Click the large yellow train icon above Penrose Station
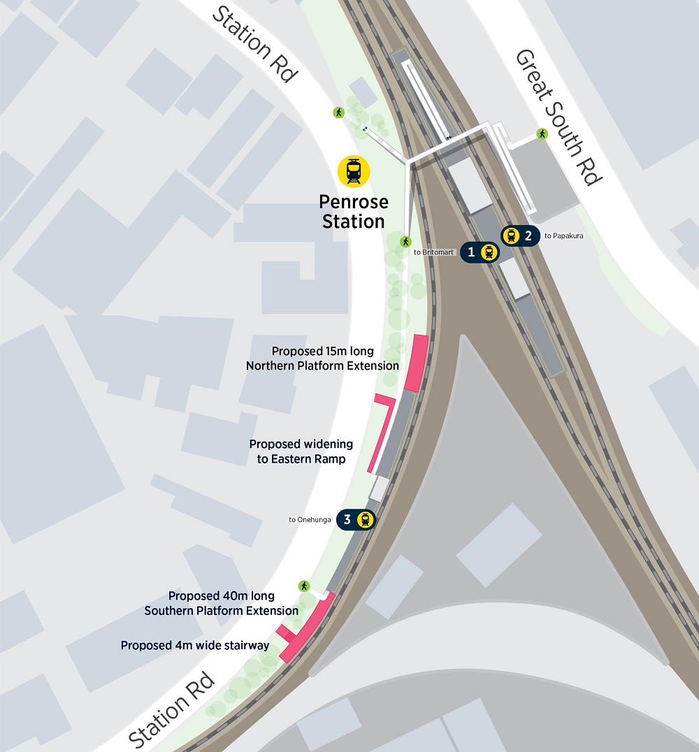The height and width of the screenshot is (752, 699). tap(354, 171)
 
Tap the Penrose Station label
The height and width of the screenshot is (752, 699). tap(353, 212)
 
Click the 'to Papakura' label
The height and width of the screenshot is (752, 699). tap(563, 236)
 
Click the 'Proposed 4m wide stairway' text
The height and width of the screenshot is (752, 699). tap(195, 646)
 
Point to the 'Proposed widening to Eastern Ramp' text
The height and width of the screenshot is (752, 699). tap(301, 451)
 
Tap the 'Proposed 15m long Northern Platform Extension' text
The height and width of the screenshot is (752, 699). tap(323, 359)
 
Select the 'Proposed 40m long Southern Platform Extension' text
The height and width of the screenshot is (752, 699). tap(222, 603)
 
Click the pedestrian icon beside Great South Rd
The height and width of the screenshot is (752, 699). tap(542, 133)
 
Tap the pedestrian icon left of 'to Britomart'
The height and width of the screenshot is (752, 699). tap(405, 242)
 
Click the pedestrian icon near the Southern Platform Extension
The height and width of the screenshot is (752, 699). tap(304, 586)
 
